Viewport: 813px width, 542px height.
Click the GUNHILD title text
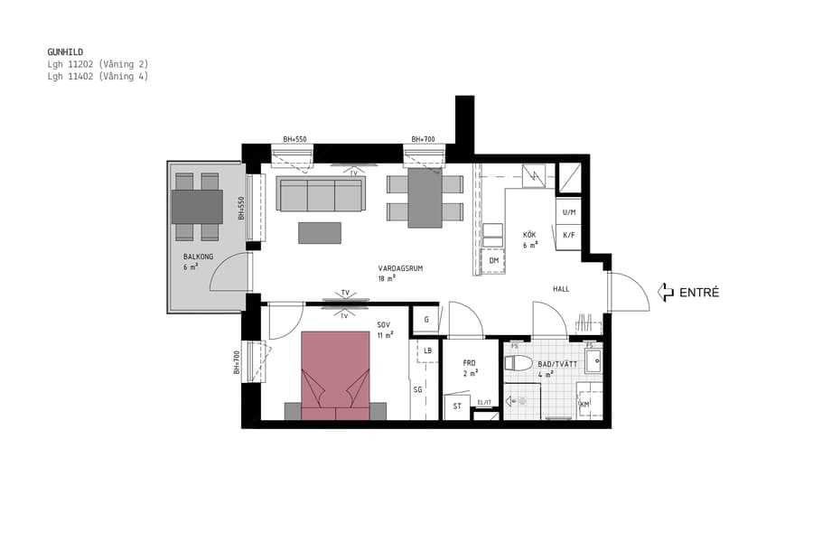pyautogui.click(x=65, y=52)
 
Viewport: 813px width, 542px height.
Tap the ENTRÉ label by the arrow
pyautogui.click(x=699, y=292)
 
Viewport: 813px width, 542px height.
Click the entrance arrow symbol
pyautogui.click(x=666, y=292)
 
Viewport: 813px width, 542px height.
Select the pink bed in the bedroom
pyautogui.click(x=335, y=374)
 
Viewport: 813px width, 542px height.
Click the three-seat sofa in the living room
pyautogui.click(x=321, y=194)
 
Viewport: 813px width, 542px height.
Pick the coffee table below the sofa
pyautogui.click(x=320, y=232)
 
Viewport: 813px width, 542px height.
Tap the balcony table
pyautogui.click(x=197, y=207)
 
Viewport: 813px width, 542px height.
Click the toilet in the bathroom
pyautogui.click(x=519, y=363)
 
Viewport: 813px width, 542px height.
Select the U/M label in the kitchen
pyautogui.click(x=569, y=212)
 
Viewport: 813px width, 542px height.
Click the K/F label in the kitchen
pyautogui.click(x=569, y=235)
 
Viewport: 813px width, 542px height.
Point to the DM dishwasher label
pyautogui.click(x=493, y=261)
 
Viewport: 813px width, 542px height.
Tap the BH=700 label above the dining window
pyautogui.click(x=423, y=140)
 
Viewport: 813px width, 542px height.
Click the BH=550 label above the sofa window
pyautogui.click(x=294, y=140)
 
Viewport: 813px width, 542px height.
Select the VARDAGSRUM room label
pyautogui.click(x=400, y=268)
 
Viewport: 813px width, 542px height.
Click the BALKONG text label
pyautogui.click(x=197, y=257)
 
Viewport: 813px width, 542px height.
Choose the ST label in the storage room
pyautogui.click(x=457, y=406)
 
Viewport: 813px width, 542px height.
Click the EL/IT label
pyautogui.click(x=484, y=403)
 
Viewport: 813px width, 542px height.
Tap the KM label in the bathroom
pyautogui.click(x=584, y=404)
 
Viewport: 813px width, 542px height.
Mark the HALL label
pyautogui.click(x=561, y=289)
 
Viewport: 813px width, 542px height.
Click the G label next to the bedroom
pyautogui.click(x=425, y=320)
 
